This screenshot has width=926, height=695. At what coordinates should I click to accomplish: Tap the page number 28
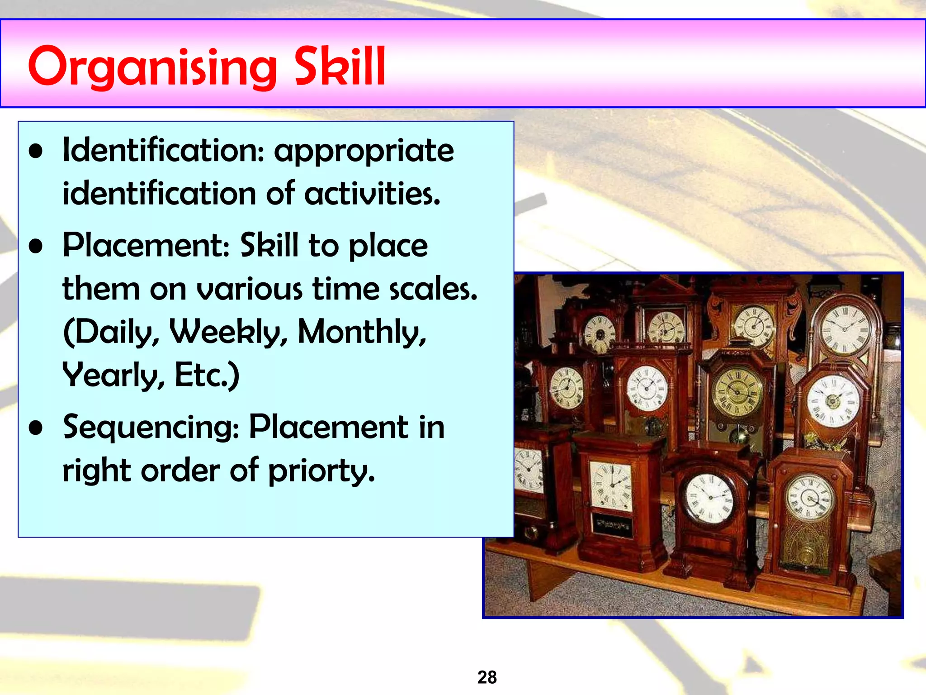click(x=487, y=677)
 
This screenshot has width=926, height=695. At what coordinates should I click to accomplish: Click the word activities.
click(x=372, y=194)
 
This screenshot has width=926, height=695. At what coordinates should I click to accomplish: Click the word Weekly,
click(x=228, y=332)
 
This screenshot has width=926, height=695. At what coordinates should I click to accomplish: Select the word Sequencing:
click(x=151, y=428)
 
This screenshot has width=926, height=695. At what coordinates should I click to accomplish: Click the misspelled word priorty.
click(x=321, y=471)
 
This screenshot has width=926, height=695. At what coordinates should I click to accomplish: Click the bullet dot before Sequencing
click(x=36, y=428)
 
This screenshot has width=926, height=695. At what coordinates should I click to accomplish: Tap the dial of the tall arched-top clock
click(x=844, y=329)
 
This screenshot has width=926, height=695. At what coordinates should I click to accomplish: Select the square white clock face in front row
click(x=611, y=487)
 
